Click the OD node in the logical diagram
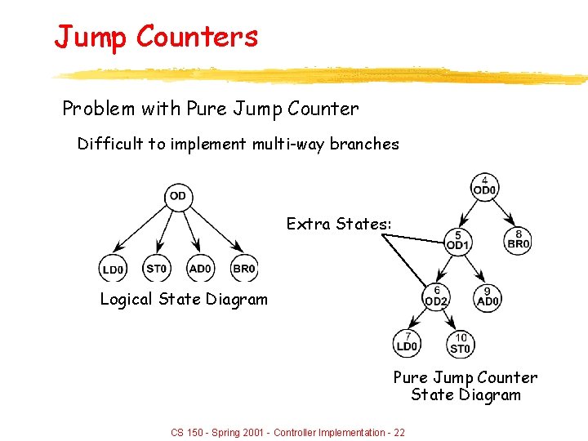pos(177,196)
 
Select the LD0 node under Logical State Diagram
pos(113,268)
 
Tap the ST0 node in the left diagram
pos(156,268)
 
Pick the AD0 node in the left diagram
pos(200,268)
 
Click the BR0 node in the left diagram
pos(243,268)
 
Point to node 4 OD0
pos(484,187)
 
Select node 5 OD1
pos(458,241)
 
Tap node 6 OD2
pos(436,296)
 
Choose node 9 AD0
pos(487,296)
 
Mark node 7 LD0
pos(407,343)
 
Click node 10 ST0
pos(460,345)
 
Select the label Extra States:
pos(339,224)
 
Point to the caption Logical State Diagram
pos(184,299)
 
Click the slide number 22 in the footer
pos(399,432)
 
